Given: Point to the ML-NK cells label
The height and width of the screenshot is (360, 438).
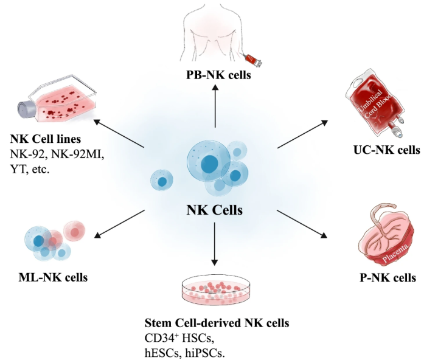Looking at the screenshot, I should click(54, 278).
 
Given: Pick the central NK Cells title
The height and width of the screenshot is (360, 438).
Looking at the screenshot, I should click(214, 210).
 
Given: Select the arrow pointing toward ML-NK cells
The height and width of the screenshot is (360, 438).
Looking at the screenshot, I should click(119, 223).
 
